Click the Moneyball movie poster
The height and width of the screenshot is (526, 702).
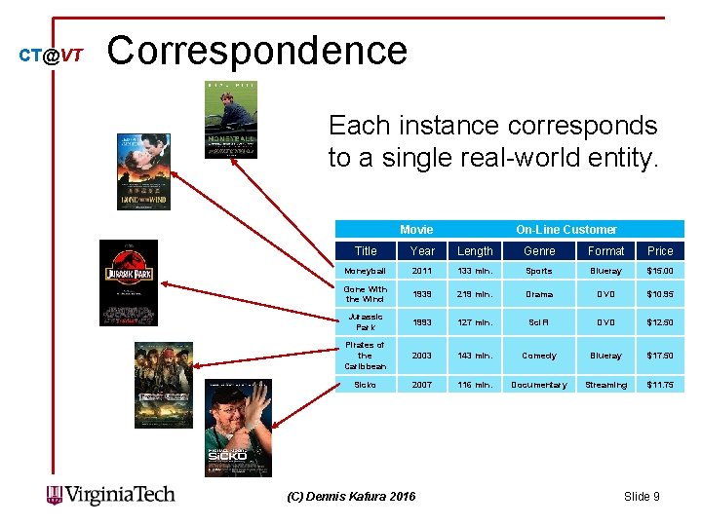[231, 119]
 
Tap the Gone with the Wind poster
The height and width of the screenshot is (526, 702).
[143, 170]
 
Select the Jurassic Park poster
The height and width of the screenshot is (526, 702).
[129, 282]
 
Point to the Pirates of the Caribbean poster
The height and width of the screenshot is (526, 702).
[164, 385]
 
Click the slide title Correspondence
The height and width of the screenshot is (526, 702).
[256, 51]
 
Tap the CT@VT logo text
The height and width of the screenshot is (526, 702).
[52, 56]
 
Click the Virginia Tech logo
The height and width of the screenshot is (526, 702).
[111, 495]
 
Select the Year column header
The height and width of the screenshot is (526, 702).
[423, 250]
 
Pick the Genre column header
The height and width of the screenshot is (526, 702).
[539, 250]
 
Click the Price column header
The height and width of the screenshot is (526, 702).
[660, 250]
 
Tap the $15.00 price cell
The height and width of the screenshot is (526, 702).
[660, 271]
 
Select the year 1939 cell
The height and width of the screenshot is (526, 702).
[423, 294]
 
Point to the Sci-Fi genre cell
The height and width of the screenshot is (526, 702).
[539, 322]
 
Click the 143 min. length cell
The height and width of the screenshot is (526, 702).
[475, 357]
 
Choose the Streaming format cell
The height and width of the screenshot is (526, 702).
[605, 385]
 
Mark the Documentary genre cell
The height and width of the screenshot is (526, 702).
[539, 385]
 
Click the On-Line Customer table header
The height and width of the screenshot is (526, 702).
[565, 229]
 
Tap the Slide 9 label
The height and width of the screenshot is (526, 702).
[642, 497]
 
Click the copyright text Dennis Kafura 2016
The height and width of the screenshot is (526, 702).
[350, 497]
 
